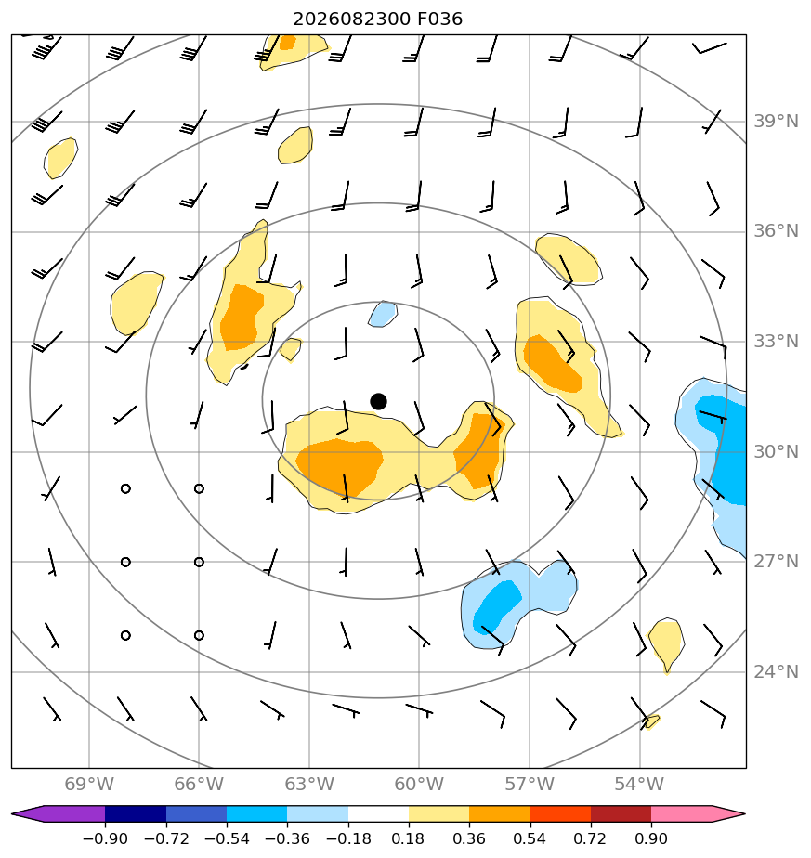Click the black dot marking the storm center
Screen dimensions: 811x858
pos(378,402)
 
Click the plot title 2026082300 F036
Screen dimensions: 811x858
pos(378,19)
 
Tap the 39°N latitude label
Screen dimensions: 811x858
pos(776,122)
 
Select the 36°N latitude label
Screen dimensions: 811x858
pos(776,231)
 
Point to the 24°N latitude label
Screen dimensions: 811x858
pos(776,672)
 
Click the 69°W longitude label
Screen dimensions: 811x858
pos(88,784)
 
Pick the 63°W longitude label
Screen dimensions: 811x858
pos(309,784)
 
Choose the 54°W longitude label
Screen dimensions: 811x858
pos(639,784)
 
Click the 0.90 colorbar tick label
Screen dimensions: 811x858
pos(651,838)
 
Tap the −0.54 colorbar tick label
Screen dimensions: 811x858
pos(227,838)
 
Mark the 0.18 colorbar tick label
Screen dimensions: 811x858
pos(409,838)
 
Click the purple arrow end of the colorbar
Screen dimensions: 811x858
pos(27,813)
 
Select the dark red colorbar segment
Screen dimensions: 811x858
pos(621,813)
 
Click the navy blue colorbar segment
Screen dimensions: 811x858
pos(136,813)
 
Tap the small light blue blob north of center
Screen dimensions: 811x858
pos(383,314)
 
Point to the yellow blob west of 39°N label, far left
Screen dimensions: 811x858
pos(60,158)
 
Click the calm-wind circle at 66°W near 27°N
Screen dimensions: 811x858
pos(199,562)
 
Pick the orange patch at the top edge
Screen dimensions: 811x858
pos(287,43)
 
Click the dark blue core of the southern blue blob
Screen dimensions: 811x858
pos(497,604)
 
